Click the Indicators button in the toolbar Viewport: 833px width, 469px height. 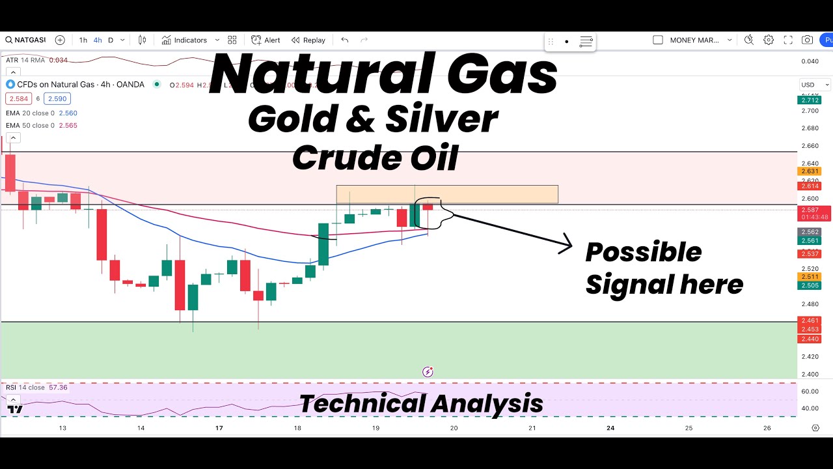(x=184, y=40)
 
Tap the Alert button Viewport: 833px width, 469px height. (x=266, y=40)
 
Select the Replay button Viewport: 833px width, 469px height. (x=308, y=40)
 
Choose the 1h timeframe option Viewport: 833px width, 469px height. (x=83, y=40)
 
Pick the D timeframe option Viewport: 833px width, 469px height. (x=111, y=40)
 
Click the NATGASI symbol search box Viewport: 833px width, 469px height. (x=26, y=40)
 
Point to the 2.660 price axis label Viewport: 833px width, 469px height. (x=810, y=146)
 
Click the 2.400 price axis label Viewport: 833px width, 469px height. (x=810, y=374)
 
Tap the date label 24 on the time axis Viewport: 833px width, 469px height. (x=610, y=428)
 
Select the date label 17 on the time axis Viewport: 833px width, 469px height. (x=219, y=428)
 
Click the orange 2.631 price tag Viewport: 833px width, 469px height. (x=810, y=171)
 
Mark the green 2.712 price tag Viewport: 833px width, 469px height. (x=810, y=100)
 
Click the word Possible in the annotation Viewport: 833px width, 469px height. (x=643, y=253)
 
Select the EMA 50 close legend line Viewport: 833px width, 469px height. (x=42, y=125)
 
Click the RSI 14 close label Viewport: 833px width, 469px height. (x=25, y=388)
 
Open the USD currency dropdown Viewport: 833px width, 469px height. (x=815, y=85)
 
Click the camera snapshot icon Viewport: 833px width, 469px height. (x=807, y=40)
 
